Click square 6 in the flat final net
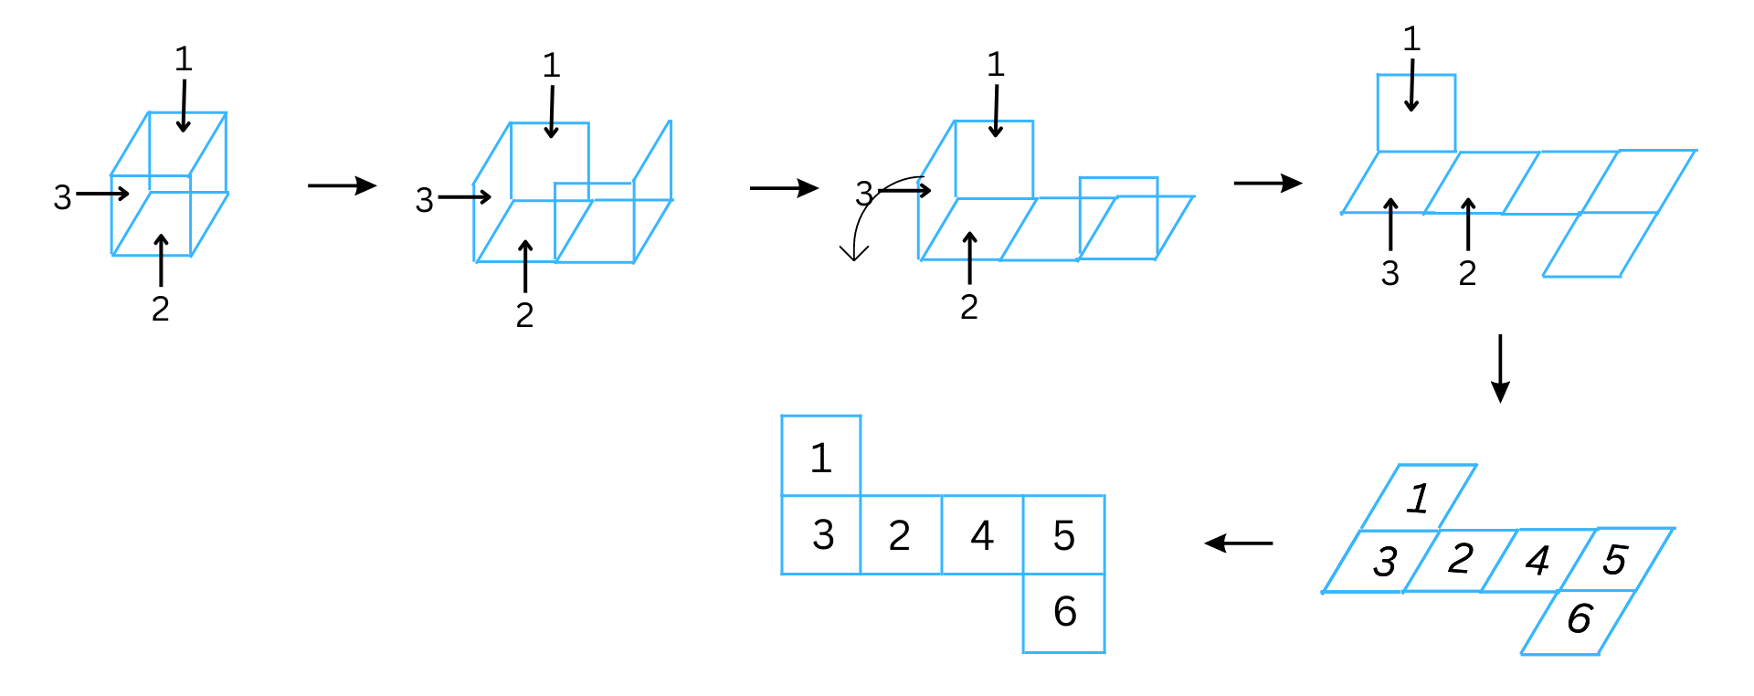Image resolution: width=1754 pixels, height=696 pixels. tap(1063, 612)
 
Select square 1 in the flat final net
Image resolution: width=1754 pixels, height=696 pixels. tap(820, 457)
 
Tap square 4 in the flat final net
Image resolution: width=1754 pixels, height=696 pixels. tap(982, 535)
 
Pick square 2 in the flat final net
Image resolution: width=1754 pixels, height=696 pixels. tap(900, 535)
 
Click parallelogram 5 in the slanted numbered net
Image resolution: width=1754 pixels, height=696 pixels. tap(1615, 559)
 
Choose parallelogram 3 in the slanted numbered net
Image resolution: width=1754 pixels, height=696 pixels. tap(1384, 561)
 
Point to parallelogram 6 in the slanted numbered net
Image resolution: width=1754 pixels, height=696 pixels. tap(1579, 619)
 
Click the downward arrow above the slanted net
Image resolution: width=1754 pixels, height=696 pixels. tap(1499, 368)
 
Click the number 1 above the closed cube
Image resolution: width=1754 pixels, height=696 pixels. tap(183, 59)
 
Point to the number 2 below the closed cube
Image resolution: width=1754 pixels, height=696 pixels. tap(160, 309)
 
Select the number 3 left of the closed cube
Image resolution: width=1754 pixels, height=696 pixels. tap(62, 197)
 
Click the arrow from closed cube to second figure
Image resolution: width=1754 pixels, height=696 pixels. tap(342, 185)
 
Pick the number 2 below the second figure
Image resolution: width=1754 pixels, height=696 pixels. tap(524, 315)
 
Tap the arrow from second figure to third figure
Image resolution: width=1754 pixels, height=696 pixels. tap(784, 188)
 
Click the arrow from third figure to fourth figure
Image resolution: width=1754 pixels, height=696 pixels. tap(1268, 183)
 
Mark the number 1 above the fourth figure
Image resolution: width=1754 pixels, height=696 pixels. tap(1411, 39)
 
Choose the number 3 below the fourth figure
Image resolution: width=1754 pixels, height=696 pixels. tap(1389, 273)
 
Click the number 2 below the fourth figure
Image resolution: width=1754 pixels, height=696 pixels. tap(1467, 273)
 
